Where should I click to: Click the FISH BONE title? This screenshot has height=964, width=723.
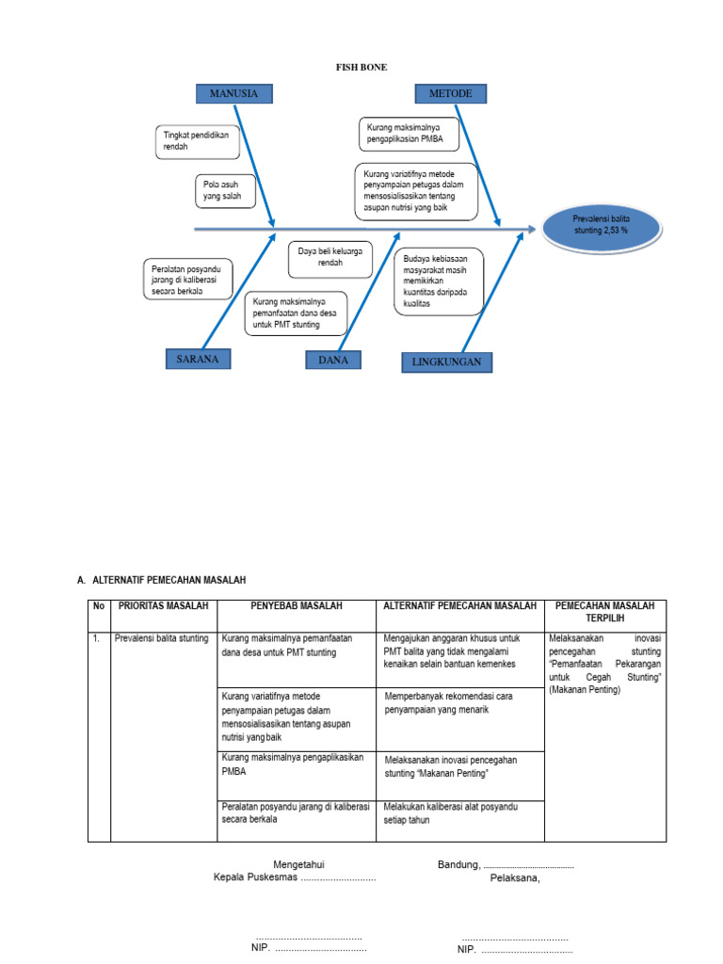361,67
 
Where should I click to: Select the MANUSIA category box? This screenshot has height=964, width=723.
233,93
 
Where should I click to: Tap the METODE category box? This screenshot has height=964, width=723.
450,93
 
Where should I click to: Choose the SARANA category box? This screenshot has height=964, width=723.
199,359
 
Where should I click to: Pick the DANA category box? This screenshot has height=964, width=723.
333,360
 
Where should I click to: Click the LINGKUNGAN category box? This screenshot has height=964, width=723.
446,361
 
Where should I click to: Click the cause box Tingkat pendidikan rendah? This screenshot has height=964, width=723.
196,142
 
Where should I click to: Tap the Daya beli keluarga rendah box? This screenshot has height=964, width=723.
329,257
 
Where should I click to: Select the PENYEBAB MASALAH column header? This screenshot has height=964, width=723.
296,606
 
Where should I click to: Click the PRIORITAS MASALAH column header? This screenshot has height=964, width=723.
163,606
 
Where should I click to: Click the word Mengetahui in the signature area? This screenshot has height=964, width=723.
299,864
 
